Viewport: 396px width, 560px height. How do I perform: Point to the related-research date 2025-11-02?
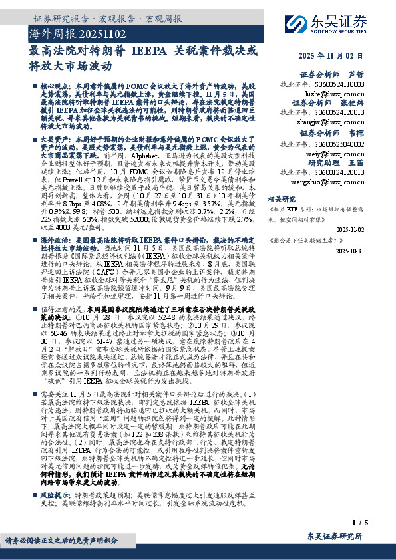tap(350, 229)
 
